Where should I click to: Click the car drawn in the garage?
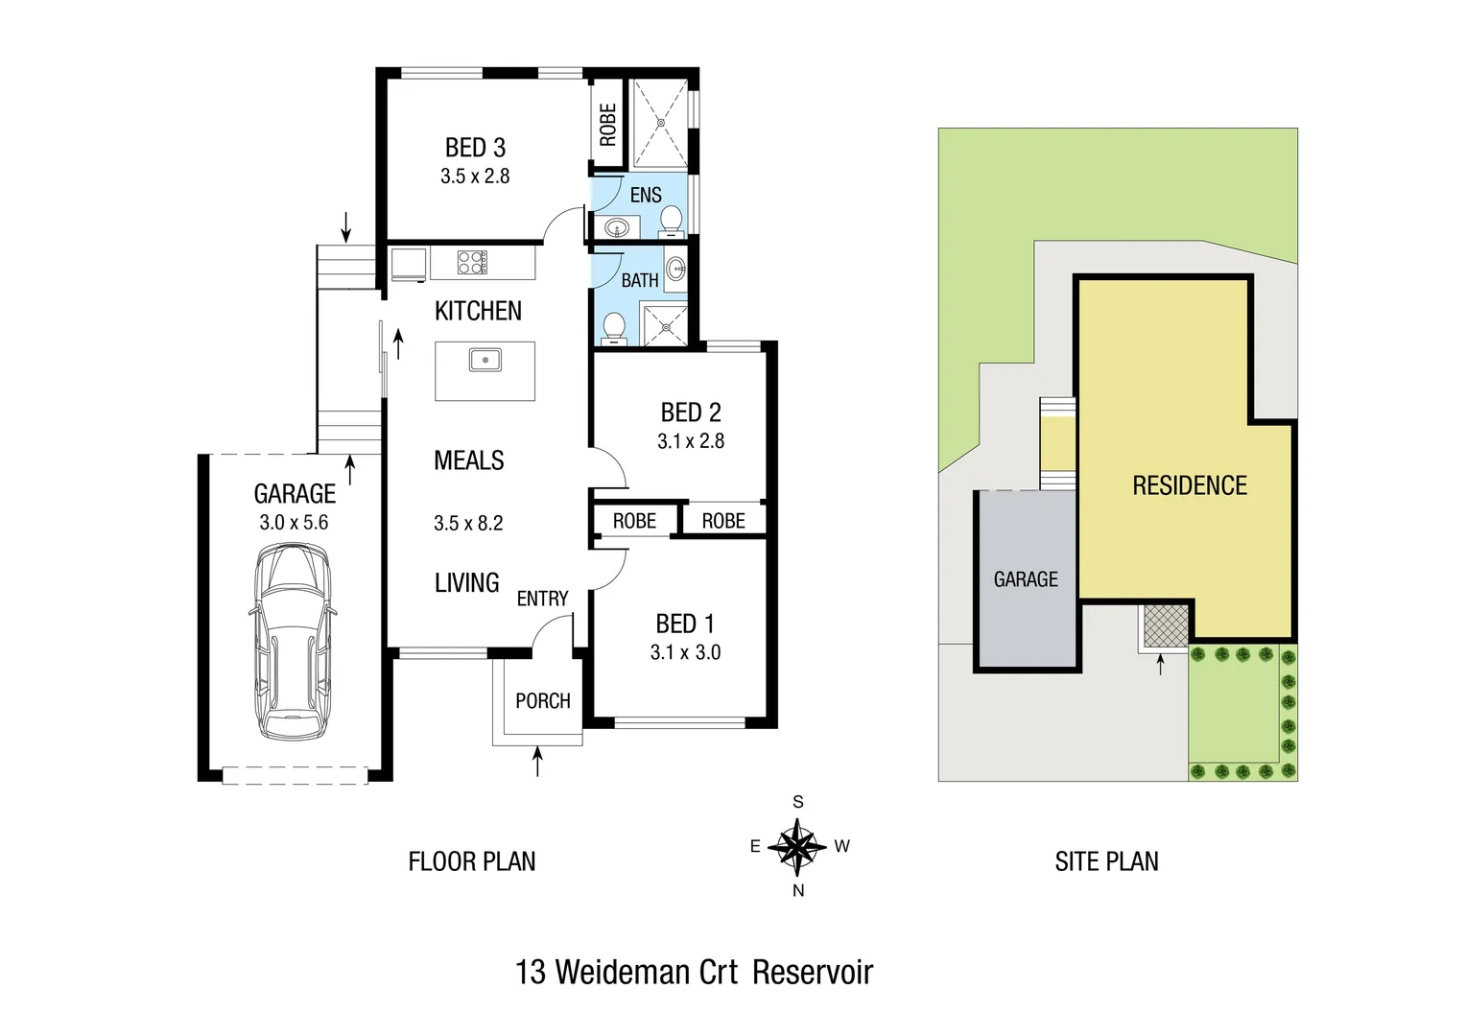pyautogui.click(x=293, y=641)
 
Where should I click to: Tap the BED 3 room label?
pyautogui.click(x=475, y=148)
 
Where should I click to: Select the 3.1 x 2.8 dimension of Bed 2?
pyautogui.click(x=691, y=441)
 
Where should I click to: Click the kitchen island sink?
pyautogui.click(x=485, y=361)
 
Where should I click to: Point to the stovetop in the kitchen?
pyautogui.click(x=472, y=263)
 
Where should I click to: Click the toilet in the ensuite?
pyautogui.click(x=672, y=220)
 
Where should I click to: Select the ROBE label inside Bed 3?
pyautogui.click(x=607, y=125)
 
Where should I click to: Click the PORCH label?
pyautogui.click(x=543, y=701)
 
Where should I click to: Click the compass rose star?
pyautogui.click(x=797, y=847)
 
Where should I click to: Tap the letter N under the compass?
pyautogui.click(x=798, y=890)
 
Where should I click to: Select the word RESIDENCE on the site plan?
pyautogui.click(x=1190, y=485)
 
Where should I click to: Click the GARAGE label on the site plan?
pyautogui.click(x=1026, y=579)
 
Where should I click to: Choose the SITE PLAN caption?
pyautogui.click(x=1106, y=861)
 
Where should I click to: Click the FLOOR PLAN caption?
pyautogui.click(x=472, y=861)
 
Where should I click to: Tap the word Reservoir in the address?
pyautogui.click(x=813, y=972)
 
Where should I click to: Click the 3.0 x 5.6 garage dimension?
pyautogui.click(x=294, y=523)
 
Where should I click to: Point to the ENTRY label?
pyautogui.click(x=543, y=599)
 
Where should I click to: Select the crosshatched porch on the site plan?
pyautogui.click(x=1166, y=626)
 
